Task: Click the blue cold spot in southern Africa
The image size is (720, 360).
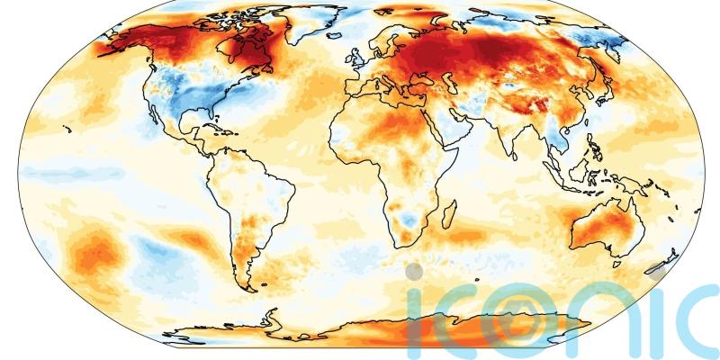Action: [x=409, y=219]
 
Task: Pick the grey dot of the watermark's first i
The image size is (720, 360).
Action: [x=413, y=270]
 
